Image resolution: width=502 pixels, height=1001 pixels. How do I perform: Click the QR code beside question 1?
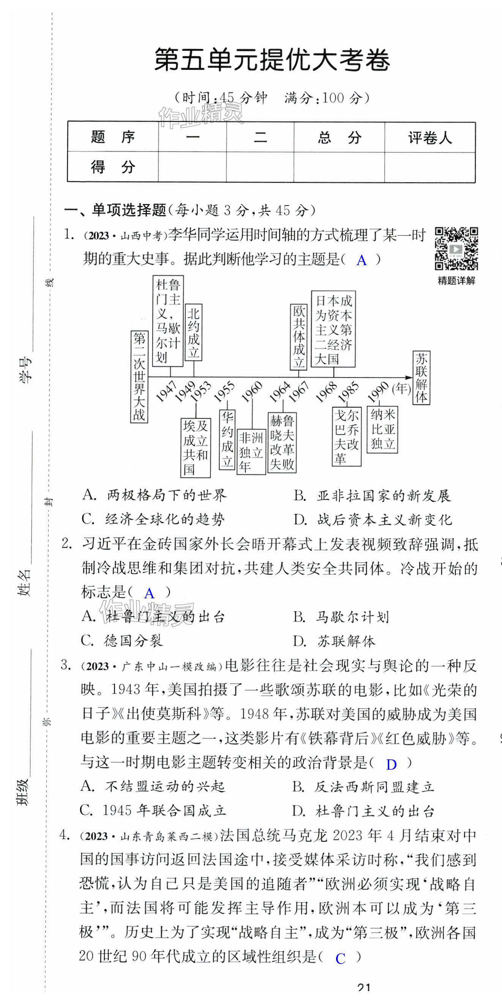(456, 249)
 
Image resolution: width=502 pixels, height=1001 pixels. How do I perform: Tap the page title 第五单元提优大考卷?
(272, 60)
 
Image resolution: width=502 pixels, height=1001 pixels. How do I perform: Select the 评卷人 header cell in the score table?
(430, 138)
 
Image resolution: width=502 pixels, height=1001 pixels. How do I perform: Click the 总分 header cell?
(339, 138)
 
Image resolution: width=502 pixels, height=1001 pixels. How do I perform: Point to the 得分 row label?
(113, 167)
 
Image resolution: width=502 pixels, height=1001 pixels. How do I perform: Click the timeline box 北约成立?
(193, 332)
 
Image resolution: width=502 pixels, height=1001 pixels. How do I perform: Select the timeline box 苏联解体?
(421, 378)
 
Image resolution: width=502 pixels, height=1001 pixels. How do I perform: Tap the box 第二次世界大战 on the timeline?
(139, 376)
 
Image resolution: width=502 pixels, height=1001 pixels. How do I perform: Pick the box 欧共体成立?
(299, 337)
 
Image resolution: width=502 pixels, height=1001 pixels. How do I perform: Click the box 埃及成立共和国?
(196, 448)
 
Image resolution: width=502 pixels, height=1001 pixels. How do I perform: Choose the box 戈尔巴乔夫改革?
(347, 436)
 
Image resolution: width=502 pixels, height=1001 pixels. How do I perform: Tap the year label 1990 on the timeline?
(378, 391)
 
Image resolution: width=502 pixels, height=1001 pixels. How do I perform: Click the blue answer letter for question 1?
(362, 260)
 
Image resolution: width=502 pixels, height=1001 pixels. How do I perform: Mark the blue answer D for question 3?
(391, 764)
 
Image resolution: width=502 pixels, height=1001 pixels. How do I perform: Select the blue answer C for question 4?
(340, 959)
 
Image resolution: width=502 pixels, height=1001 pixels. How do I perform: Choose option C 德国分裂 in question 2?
(122, 641)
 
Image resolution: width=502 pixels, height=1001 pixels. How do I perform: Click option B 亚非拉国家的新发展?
(372, 495)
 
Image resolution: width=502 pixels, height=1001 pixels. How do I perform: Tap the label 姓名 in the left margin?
(24, 582)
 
